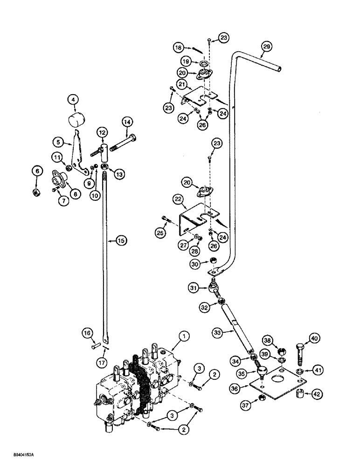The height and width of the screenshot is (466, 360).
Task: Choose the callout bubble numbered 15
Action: point(120,241)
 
